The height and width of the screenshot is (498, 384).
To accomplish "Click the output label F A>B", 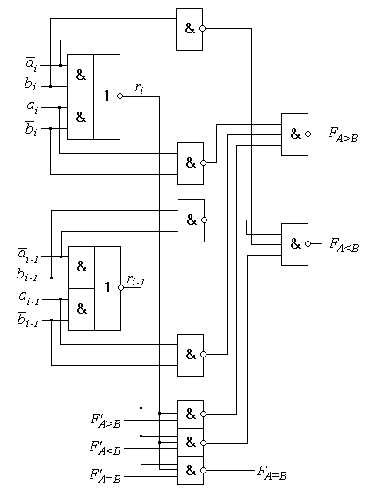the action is pos(343,134).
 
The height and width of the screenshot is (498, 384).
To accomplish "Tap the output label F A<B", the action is pos(344,245).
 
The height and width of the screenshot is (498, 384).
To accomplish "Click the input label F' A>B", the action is pos(105,421).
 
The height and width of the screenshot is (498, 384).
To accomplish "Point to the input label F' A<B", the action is pos(105,448).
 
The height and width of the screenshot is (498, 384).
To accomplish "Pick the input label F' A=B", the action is pos(105,476).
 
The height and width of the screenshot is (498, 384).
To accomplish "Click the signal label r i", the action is pos(139,89).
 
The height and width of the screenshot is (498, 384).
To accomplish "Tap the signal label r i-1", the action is pos(135,280).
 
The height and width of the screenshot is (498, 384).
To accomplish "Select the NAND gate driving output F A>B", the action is pos(294,134).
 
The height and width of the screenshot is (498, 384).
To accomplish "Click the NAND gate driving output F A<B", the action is pos(294,244).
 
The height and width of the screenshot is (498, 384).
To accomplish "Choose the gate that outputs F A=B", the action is pos(190,471).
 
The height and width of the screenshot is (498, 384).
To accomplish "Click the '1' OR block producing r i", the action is pos(107,97).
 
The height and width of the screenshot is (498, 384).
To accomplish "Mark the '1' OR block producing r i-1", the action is pos(107,288).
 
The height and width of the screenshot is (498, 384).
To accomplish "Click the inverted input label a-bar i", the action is pos(32,64).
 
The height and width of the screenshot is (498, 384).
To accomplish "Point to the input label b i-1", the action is pos(27,274).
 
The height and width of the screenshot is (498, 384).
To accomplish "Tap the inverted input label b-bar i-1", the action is pos(27,319).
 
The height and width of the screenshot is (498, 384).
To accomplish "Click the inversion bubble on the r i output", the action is pos(120,96).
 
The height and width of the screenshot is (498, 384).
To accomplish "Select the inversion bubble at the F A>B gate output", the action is pos(308,134).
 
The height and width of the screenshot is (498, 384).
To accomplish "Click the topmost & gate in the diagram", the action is pos(190,29).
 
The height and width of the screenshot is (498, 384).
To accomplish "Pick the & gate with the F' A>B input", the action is pos(190,414).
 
